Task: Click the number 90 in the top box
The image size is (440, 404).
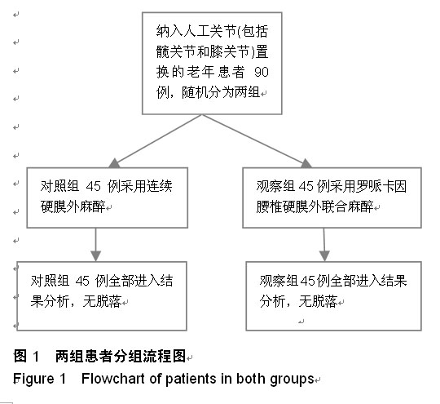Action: point(262,72)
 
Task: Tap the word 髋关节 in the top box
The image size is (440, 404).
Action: point(176,51)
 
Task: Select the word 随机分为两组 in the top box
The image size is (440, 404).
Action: point(221,92)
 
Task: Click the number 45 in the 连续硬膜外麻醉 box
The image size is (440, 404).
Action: point(94,186)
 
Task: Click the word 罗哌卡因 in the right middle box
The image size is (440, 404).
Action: point(381,186)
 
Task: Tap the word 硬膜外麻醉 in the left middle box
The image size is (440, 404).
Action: point(73,206)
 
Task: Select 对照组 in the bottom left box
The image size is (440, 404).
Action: point(50,281)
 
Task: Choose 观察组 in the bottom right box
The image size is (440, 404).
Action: point(279,281)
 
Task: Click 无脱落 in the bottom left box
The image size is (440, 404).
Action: point(102,301)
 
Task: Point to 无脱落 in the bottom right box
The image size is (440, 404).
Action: point(318,301)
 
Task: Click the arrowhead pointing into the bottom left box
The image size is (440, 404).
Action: point(95,255)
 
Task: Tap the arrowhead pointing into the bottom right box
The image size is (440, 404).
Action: point(324,255)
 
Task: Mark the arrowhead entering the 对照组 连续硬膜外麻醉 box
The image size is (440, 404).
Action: point(114,163)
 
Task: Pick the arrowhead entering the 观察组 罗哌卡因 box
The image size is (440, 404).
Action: point(306,163)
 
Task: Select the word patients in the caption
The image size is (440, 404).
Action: point(191,380)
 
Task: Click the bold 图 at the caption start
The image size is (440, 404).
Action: point(20,356)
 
